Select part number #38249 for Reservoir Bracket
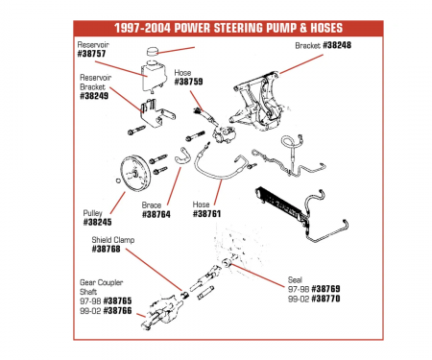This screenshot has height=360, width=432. [x=96, y=97]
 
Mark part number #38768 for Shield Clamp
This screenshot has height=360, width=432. [x=107, y=250]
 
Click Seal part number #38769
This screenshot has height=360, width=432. [x=327, y=288]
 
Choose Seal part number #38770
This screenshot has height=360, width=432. [x=327, y=299]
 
